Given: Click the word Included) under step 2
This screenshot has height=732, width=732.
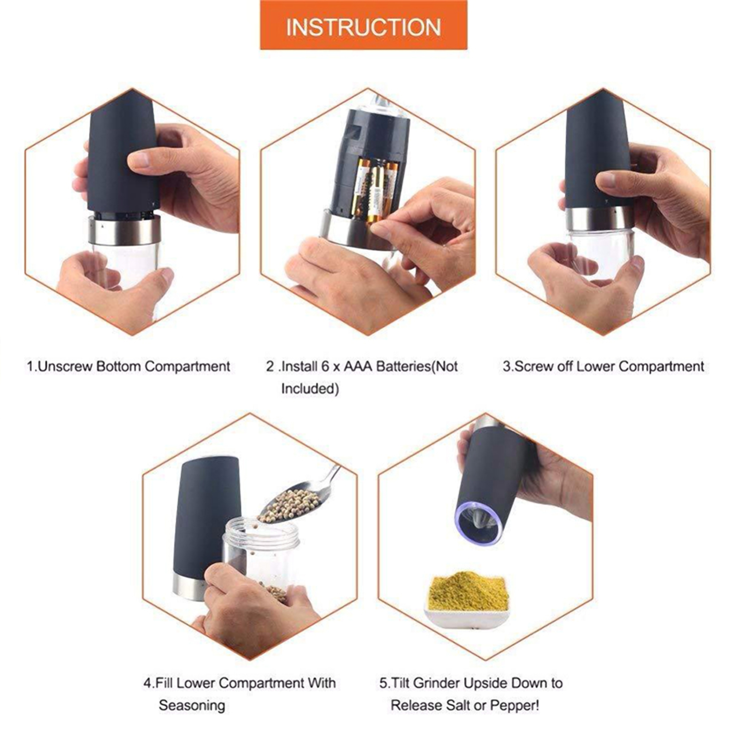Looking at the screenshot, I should [310, 389].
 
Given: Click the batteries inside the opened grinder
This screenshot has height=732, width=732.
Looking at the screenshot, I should [373, 190].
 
